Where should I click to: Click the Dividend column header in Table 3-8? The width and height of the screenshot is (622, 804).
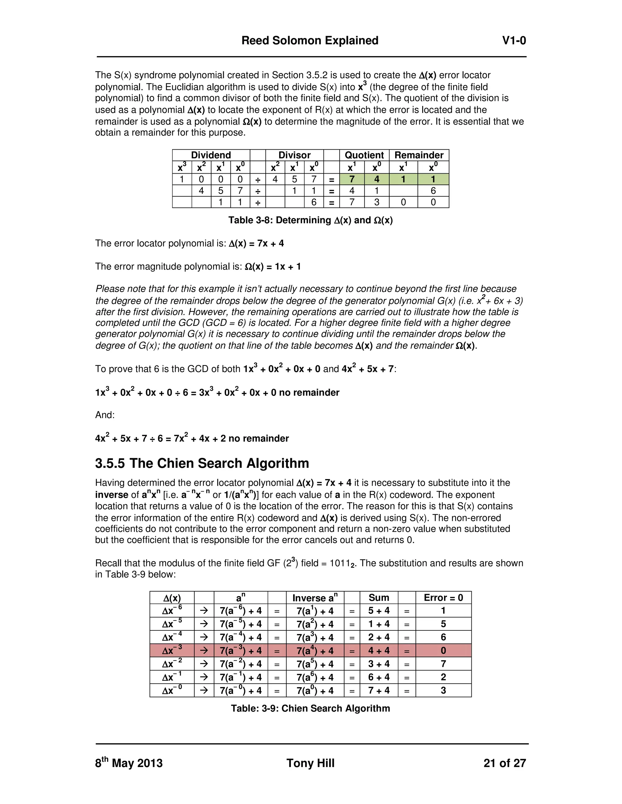[211, 155]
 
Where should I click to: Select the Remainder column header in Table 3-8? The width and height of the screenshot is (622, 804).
[419, 155]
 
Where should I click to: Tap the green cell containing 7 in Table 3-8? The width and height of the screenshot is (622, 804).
[352, 179]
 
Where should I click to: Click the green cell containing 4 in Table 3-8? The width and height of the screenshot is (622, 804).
[377, 179]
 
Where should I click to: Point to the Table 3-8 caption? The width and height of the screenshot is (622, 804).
[310, 220]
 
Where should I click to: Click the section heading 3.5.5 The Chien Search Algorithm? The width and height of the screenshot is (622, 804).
[202, 463]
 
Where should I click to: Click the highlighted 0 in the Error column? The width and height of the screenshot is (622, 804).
[443, 650]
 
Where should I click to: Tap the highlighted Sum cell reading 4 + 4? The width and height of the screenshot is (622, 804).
[379, 650]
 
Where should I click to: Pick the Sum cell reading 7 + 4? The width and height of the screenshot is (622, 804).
[379, 690]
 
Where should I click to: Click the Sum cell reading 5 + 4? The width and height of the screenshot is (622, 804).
[379, 611]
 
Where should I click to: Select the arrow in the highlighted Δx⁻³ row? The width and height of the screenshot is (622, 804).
[204, 650]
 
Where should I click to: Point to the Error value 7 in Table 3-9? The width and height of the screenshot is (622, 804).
[443, 664]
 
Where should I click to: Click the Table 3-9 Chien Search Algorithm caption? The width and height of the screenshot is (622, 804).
[310, 708]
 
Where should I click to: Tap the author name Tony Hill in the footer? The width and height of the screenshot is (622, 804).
[310, 763]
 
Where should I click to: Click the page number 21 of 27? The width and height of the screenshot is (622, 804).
[504, 763]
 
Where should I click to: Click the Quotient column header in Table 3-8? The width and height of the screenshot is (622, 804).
[364, 155]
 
